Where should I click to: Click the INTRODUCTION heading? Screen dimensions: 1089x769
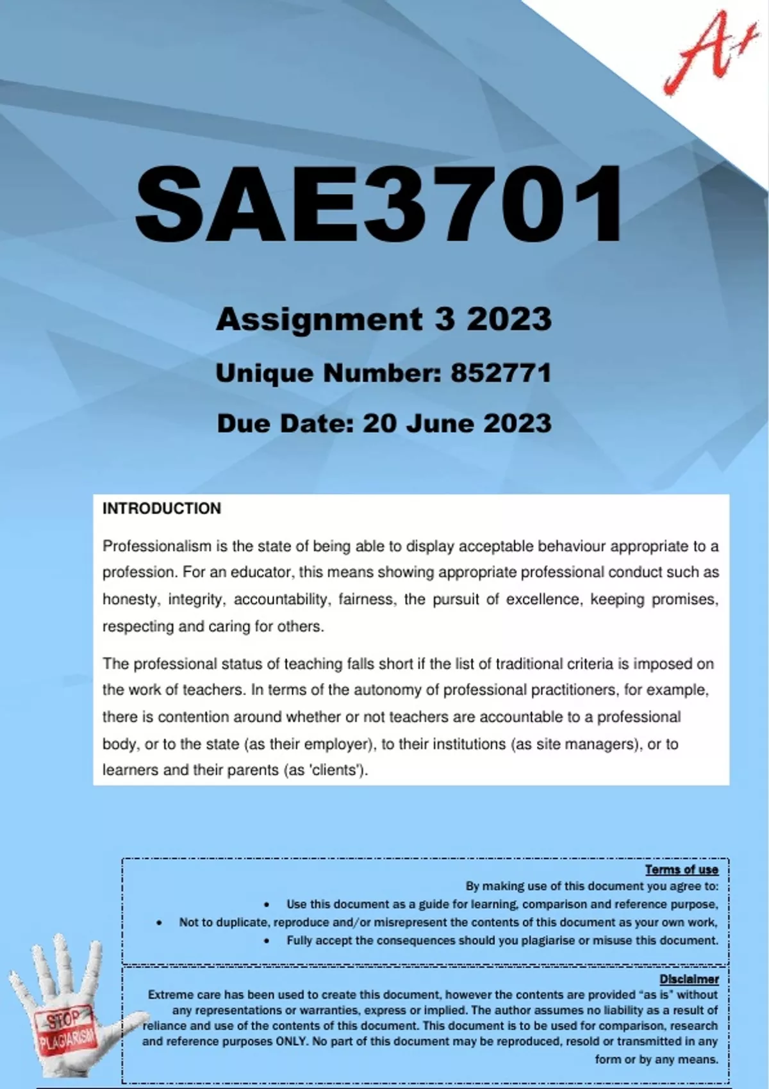(161, 509)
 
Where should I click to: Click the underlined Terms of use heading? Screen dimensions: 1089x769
(681, 869)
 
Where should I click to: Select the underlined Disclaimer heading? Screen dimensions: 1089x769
(689, 979)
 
